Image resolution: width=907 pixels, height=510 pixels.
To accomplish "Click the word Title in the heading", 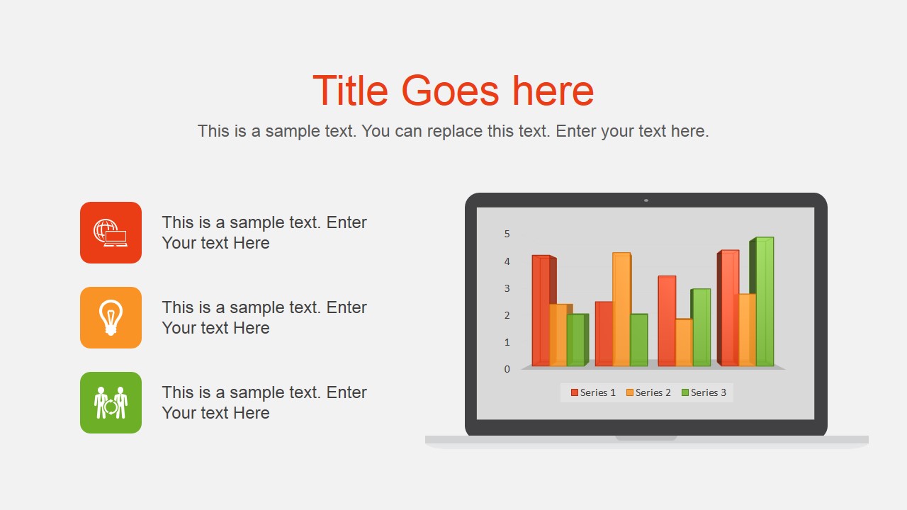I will click(x=351, y=91).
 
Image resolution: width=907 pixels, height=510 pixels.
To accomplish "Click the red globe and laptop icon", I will click(x=111, y=232).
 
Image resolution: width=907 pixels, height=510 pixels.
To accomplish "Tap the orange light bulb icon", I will click(x=111, y=317).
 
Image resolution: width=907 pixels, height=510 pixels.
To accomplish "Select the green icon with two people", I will click(x=111, y=402).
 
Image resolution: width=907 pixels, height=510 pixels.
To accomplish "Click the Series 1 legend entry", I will click(x=593, y=392).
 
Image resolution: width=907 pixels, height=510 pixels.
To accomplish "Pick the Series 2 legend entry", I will click(x=648, y=392).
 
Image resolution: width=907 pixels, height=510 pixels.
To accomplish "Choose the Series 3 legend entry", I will click(x=704, y=392).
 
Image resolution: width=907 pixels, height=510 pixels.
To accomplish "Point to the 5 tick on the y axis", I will click(x=507, y=234).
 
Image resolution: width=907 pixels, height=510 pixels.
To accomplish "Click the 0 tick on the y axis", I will click(x=507, y=369).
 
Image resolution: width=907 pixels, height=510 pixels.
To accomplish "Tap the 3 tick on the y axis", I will click(x=507, y=288).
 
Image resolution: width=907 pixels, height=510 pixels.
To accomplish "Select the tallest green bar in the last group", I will click(x=765, y=302).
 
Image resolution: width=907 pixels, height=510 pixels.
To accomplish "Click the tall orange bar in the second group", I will click(x=621, y=309).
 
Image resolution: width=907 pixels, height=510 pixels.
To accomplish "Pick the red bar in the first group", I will click(x=541, y=310).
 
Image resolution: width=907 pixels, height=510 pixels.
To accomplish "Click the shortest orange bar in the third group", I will click(x=684, y=342).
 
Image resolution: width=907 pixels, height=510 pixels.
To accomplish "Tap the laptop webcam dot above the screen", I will click(x=646, y=200).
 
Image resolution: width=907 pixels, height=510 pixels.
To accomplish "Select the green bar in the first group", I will click(x=575, y=340).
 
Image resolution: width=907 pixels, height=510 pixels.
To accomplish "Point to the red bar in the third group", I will click(x=667, y=321).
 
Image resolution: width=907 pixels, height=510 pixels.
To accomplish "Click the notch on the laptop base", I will click(x=646, y=438).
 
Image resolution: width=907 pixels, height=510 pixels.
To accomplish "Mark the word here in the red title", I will click(x=553, y=91).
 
